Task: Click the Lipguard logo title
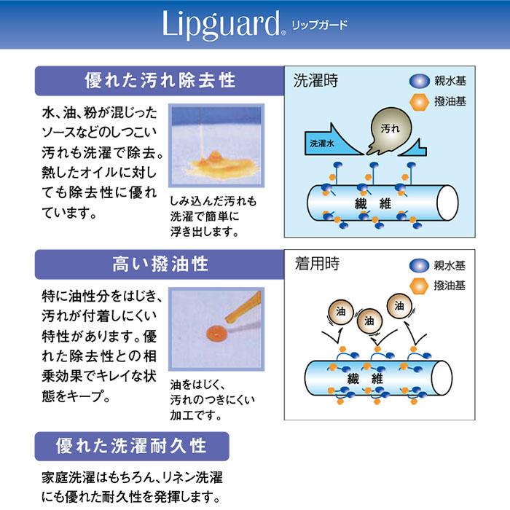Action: point(221,25)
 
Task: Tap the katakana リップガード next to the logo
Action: point(319,25)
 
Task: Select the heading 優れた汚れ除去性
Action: point(160,81)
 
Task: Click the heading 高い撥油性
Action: point(160,264)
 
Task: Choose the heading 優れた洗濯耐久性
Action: point(131,446)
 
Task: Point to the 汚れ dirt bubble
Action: point(390,130)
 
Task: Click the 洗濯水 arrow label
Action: point(322,143)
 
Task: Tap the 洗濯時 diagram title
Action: point(315,80)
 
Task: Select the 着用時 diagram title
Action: point(317,264)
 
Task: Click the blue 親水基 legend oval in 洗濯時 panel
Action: point(419,82)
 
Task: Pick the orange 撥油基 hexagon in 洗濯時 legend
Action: point(419,102)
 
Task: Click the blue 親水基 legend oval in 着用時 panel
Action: point(419,265)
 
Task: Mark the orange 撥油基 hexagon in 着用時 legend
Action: point(419,286)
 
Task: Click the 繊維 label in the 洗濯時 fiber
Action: point(373,204)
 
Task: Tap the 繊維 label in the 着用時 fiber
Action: point(365,379)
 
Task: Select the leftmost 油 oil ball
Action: point(340,313)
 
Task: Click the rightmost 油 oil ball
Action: point(399,306)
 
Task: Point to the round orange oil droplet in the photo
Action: point(216,333)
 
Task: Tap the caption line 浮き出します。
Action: point(205,232)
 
